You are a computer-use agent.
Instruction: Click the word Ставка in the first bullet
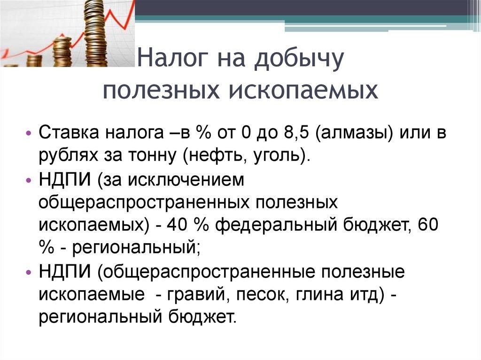coord(69,133)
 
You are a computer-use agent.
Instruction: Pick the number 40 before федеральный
coord(177,225)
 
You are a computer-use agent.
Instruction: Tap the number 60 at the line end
coord(428,225)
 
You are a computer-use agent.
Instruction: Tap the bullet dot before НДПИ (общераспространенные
coord(29,272)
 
